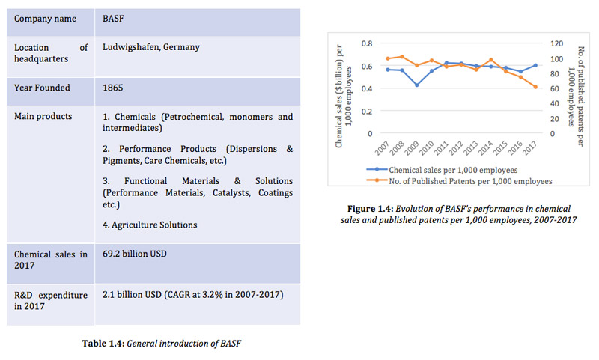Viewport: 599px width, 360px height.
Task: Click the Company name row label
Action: tap(45, 19)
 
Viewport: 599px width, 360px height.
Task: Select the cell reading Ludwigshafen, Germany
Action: tap(151, 47)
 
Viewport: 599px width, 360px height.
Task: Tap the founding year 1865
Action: tap(113, 88)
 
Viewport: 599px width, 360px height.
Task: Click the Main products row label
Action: tap(43, 116)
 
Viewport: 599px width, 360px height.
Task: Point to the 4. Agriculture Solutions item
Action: tap(150, 225)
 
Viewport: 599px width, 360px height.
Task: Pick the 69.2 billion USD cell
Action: tap(135, 254)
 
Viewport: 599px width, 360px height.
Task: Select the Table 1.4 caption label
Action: tap(103, 344)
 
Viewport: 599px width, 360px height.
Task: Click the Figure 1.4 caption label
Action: tap(370, 209)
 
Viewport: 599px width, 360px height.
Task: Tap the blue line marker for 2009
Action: tap(417, 85)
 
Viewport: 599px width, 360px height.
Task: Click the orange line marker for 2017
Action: tap(535, 87)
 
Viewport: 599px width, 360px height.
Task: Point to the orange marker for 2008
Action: tap(402, 57)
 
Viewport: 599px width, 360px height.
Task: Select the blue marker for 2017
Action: tap(535, 65)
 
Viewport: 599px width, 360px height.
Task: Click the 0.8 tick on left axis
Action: tap(367, 43)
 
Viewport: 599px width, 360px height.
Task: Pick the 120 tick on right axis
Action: tap(556, 43)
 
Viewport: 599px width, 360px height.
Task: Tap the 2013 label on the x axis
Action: tap(471, 148)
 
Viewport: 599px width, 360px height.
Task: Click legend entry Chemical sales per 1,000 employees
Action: tap(442, 170)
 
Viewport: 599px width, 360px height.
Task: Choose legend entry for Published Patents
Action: tap(459, 181)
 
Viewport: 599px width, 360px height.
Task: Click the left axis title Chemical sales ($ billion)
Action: tap(339, 97)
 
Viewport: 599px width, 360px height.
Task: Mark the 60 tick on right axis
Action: tap(554, 88)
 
